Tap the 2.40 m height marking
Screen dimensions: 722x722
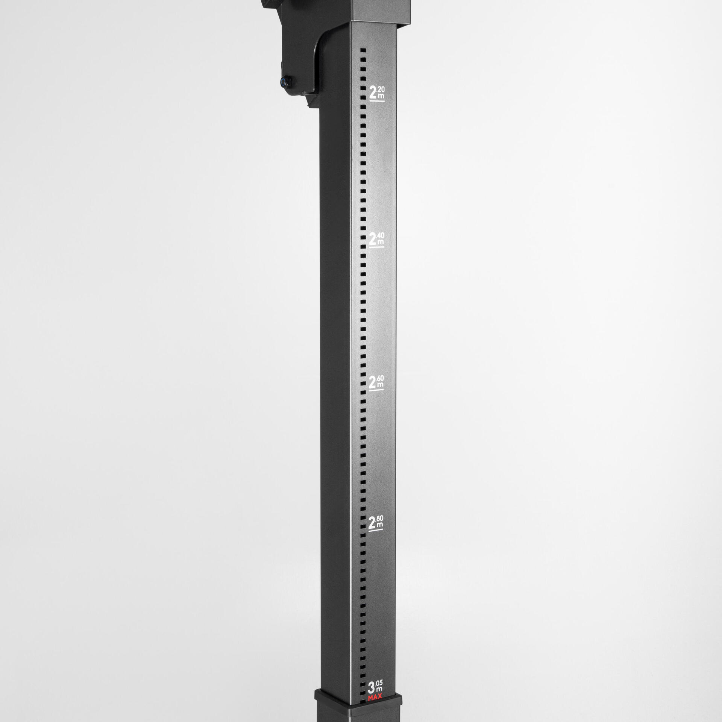pyautogui.click(x=376, y=239)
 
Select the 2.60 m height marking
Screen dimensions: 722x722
pyautogui.click(x=376, y=382)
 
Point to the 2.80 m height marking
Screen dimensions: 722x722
pyautogui.click(x=376, y=523)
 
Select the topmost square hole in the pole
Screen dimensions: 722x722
pyautogui.click(x=363, y=50)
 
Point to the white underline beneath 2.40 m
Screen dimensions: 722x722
pyautogui.click(x=377, y=247)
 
